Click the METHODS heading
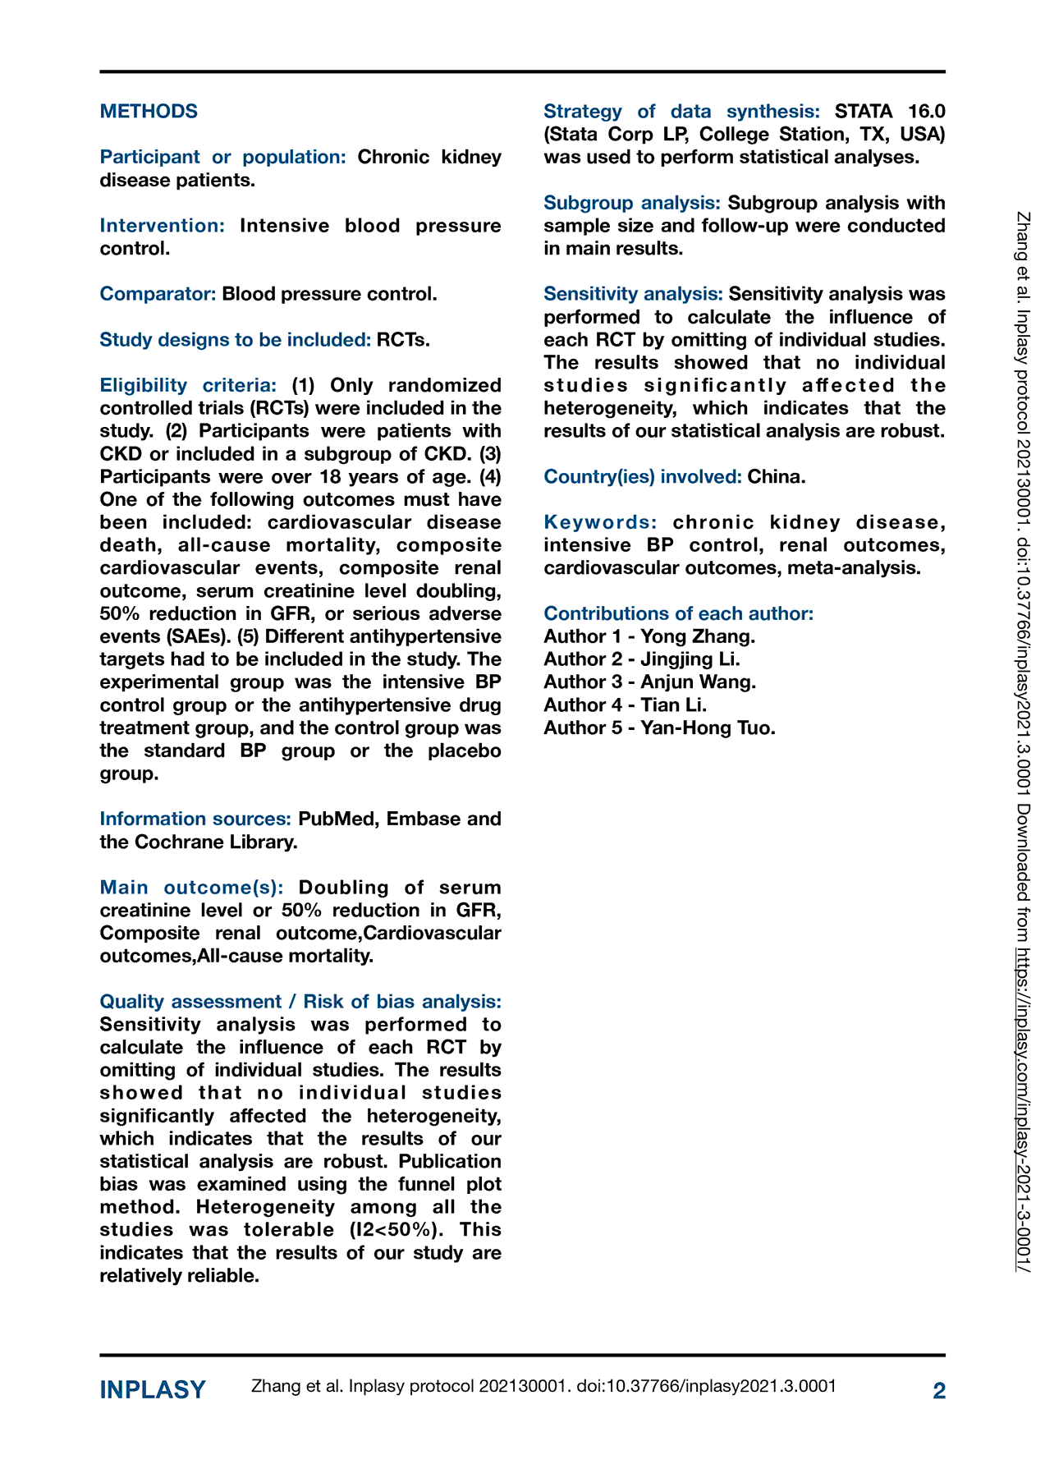149,111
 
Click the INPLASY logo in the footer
153,1390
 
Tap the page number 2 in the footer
939,1390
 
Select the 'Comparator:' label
158,294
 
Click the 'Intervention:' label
163,226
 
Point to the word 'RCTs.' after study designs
403,339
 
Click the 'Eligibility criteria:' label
188,385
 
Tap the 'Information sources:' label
195,819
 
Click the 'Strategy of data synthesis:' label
681,112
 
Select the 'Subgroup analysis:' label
632,203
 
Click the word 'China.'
777,476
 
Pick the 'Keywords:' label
600,522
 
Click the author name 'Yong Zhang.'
698,636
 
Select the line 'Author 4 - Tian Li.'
626,705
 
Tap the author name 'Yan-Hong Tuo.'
708,728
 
